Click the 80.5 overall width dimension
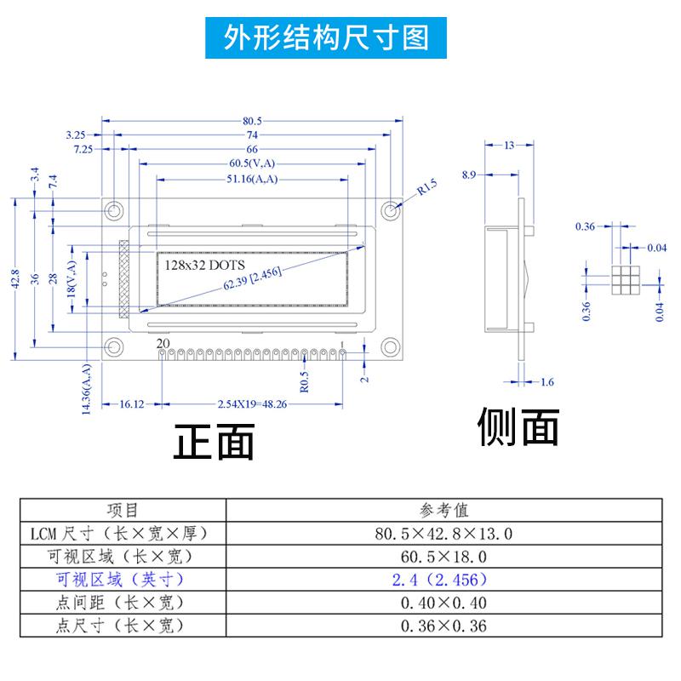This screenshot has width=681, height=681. (252, 121)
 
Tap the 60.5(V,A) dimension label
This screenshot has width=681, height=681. (251, 163)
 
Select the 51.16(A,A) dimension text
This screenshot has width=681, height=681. (253, 179)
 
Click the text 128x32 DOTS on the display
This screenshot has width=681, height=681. (203, 265)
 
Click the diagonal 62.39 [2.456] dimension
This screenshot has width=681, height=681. (253, 278)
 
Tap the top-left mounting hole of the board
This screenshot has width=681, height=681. (112, 210)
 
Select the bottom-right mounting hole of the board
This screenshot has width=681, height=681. (391, 346)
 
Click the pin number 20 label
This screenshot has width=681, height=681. (163, 344)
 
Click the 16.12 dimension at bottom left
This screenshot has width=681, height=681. (132, 404)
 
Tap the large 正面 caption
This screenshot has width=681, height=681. (215, 443)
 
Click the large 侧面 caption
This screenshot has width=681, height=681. (518, 427)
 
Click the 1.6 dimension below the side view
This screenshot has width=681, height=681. (546, 382)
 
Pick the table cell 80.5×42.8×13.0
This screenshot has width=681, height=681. (444, 534)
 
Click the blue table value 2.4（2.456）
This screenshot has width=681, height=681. (444, 580)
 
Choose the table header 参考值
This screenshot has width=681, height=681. (444, 510)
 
